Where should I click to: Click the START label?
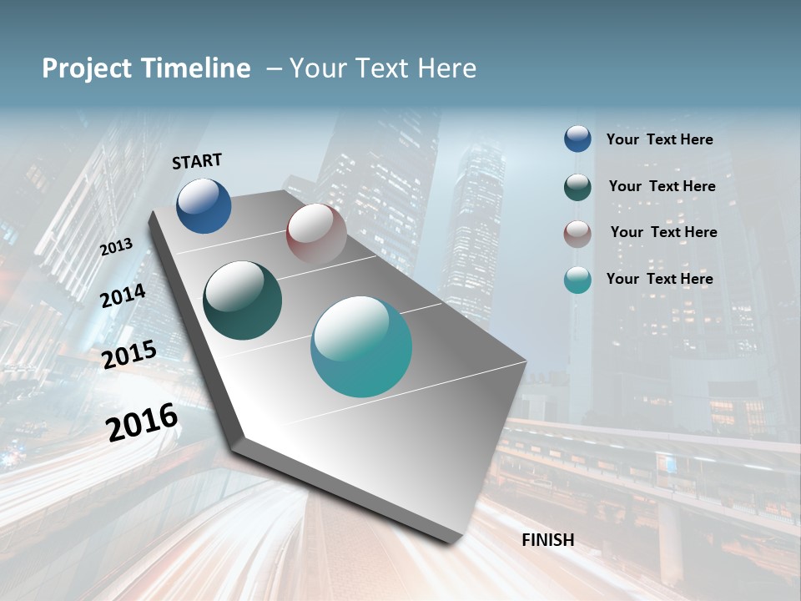197,161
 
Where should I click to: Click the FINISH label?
548,540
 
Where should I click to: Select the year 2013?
116,246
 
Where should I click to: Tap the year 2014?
123,295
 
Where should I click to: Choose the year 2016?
142,422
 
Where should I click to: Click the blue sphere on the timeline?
204,205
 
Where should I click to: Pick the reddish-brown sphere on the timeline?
316,234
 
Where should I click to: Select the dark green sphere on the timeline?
243,300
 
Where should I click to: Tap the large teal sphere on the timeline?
361,346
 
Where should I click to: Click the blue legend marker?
577,139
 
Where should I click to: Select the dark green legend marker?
577,186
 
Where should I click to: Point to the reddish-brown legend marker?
577,233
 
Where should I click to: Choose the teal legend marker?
577,280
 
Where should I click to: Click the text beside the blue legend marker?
659,140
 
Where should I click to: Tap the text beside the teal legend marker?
659,279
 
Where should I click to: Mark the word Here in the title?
446,68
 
